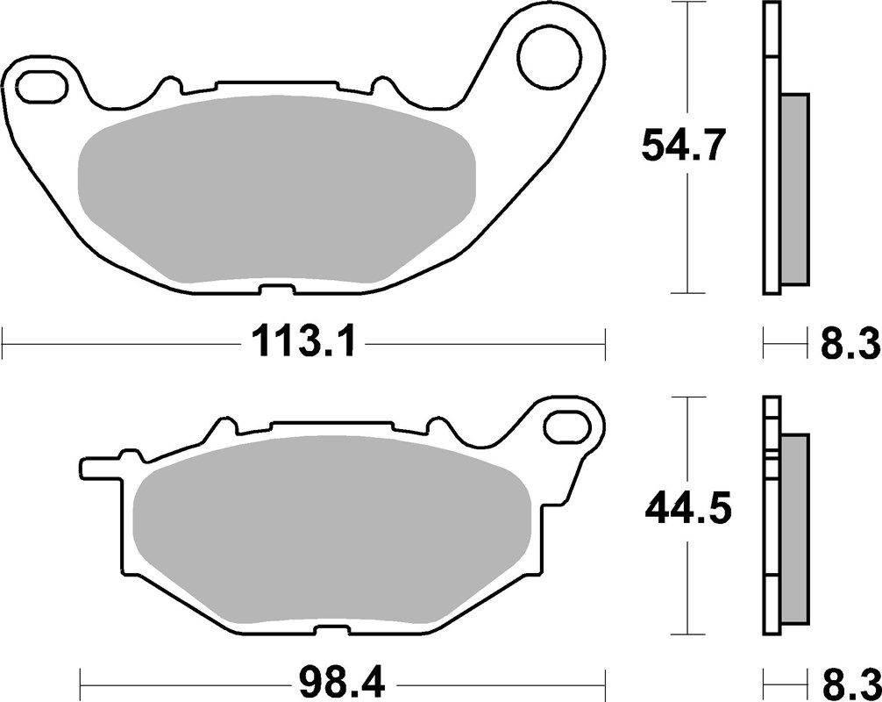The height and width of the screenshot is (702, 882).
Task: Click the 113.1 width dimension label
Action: (303, 341)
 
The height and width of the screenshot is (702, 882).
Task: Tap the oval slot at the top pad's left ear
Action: (40, 89)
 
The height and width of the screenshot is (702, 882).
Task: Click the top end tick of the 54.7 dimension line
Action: (693, 4)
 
